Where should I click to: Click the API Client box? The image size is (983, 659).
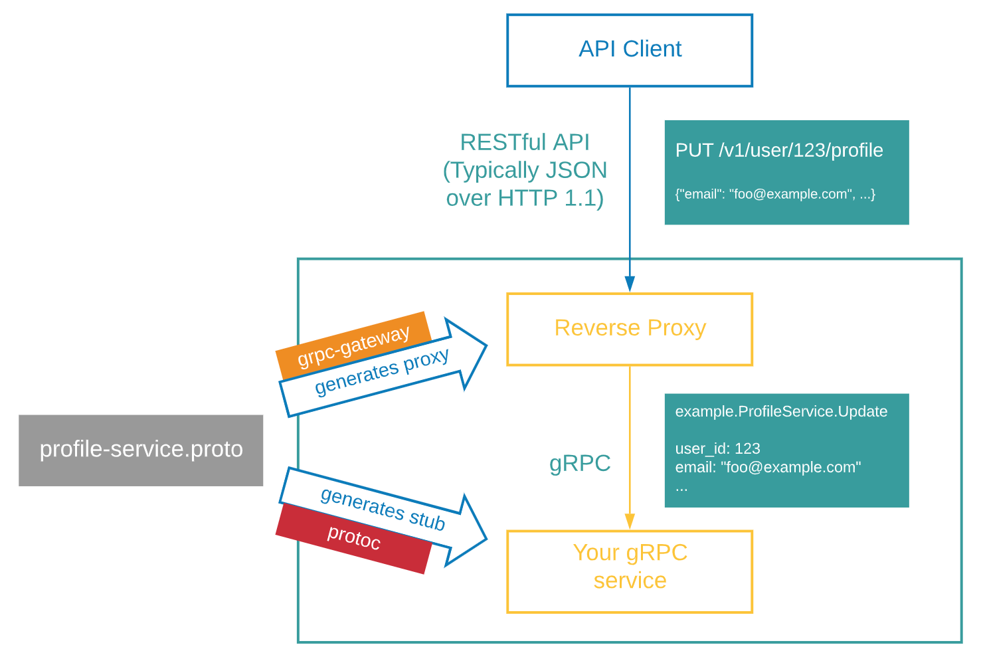coord(630,50)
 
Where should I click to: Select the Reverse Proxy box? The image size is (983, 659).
coord(630,329)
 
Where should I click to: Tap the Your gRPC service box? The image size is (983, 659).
coord(630,571)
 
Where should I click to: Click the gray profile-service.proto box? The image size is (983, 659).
coord(141,450)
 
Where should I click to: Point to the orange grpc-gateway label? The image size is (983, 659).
coord(353,346)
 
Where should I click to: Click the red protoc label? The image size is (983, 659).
coord(354,537)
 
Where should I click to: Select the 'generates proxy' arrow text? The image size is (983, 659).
coord(382,371)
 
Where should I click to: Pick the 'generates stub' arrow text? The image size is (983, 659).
coord(383,509)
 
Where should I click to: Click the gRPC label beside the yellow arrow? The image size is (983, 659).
coord(580,463)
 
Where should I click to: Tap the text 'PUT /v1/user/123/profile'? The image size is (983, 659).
coord(779,150)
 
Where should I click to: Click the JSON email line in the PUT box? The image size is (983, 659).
coord(775,194)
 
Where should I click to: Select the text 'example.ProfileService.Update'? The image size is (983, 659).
coord(781,411)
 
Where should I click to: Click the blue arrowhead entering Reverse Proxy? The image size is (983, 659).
coord(630,284)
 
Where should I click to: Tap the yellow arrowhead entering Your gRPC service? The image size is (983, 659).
coord(630,521)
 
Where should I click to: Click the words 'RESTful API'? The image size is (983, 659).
coord(525,142)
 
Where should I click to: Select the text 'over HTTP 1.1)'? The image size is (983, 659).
coord(525,198)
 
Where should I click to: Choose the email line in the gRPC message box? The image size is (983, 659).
coord(768,467)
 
